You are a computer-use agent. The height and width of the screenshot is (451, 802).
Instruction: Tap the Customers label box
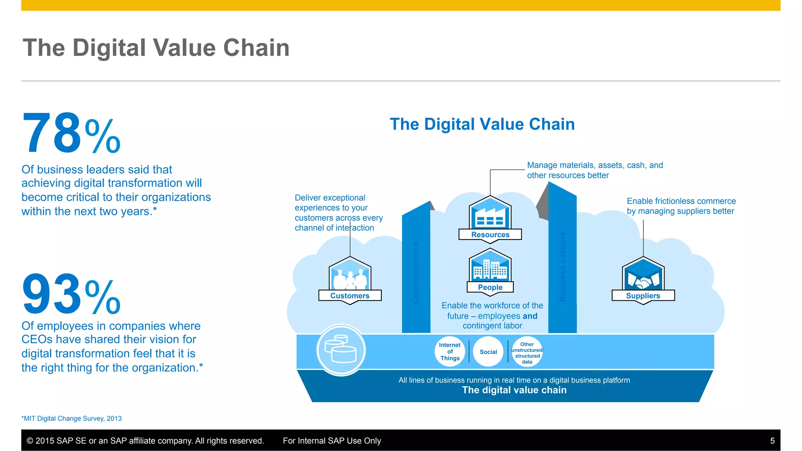coord(350,296)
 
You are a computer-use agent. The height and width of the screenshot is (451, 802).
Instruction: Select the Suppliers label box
coord(643,296)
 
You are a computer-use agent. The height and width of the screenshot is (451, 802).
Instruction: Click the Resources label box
coord(490,235)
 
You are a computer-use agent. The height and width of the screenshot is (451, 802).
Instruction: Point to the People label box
coord(490,287)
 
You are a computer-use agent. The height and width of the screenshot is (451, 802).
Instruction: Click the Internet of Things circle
coord(450,352)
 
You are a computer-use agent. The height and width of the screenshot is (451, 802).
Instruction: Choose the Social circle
coord(488,352)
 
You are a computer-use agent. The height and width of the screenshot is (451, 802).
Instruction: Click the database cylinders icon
coord(341,349)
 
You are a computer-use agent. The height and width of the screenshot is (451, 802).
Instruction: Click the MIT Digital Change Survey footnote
coord(72,419)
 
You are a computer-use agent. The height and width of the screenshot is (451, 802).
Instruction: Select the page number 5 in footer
coord(772,441)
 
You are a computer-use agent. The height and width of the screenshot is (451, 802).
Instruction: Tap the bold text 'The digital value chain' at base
coord(514,390)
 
